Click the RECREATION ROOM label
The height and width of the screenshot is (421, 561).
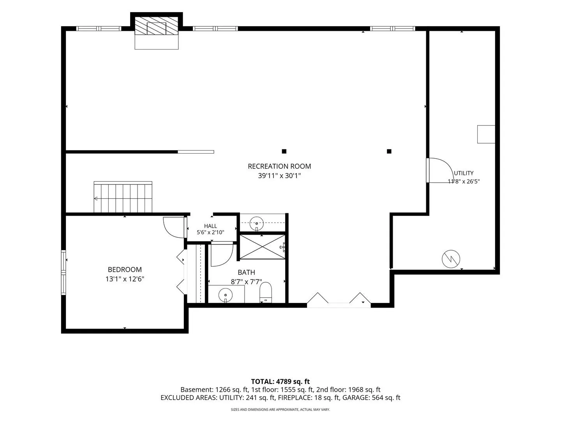(x=279, y=166)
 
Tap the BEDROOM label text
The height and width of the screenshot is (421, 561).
(x=125, y=269)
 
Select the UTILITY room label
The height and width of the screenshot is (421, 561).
(x=464, y=173)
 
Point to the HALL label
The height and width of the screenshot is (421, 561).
(x=210, y=226)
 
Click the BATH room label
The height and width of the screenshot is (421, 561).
(x=246, y=272)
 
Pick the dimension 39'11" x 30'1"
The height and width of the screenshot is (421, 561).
(x=279, y=176)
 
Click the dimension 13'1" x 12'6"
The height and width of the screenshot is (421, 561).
(x=125, y=279)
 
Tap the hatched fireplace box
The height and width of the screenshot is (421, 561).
(x=156, y=26)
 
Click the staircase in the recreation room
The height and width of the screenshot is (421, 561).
(x=123, y=197)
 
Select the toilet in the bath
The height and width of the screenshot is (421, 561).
(x=266, y=292)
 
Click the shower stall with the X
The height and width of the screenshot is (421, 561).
(x=263, y=247)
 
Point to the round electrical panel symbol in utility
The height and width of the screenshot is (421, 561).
(x=451, y=259)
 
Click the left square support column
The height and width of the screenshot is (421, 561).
(x=284, y=151)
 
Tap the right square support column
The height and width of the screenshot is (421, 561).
(x=389, y=151)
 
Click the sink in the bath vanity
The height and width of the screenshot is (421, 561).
(x=226, y=295)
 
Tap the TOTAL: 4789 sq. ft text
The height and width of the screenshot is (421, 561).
(x=280, y=382)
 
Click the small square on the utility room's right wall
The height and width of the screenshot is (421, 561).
(x=486, y=134)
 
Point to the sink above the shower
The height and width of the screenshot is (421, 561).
(x=256, y=223)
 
